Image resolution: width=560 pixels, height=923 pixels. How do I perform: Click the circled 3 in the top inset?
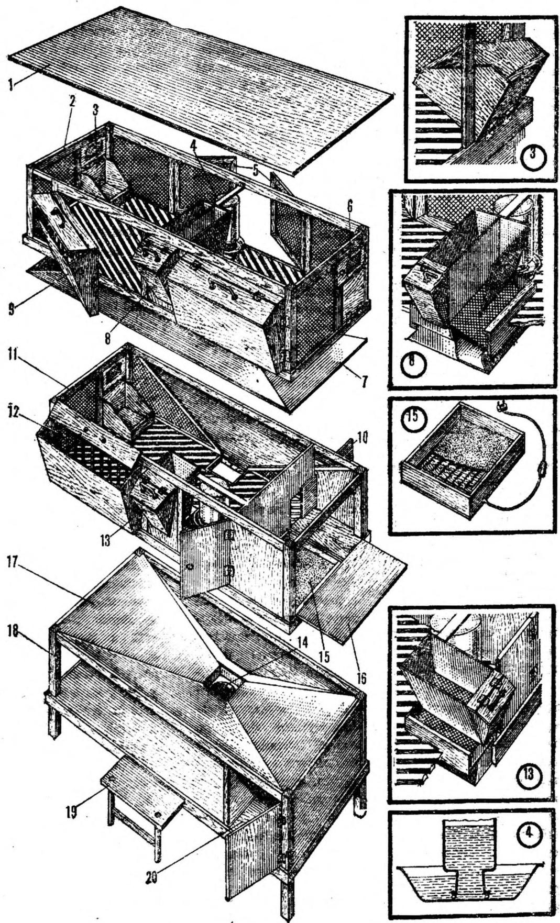click(x=534, y=155)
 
